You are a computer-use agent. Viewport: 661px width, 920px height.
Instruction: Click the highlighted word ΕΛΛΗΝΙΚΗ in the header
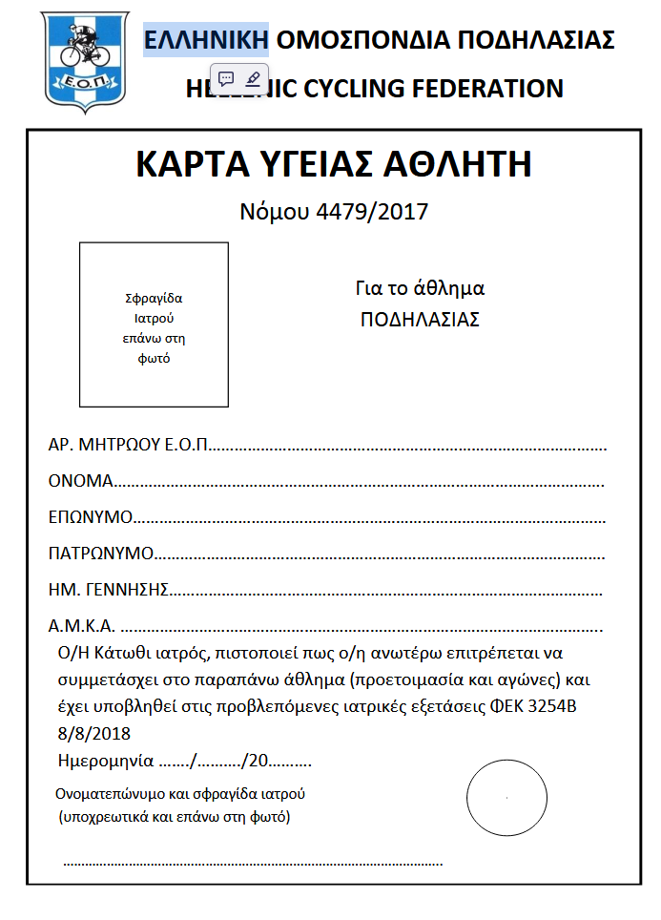(206, 40)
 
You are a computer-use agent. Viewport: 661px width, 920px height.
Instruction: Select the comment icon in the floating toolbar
(226, 78)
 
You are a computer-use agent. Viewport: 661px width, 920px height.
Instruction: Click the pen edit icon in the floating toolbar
(253, 78)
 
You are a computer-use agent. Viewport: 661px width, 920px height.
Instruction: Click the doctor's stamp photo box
(154, 324)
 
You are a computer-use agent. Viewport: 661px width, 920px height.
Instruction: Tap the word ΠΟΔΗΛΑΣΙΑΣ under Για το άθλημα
(420, 320)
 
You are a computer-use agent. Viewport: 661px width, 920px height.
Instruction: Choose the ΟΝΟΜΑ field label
(81, 481)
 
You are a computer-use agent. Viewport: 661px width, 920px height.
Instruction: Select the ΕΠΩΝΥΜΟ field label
(90, 517)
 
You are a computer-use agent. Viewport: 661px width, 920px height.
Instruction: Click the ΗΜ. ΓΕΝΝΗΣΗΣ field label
(109, 589)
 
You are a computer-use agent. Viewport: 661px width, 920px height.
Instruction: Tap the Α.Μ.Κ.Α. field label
(82, 626)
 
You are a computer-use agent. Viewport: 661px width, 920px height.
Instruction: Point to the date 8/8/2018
(93, 733)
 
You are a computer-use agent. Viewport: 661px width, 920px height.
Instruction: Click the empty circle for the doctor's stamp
(506, 797)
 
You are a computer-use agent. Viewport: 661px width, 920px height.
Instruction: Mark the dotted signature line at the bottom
(253, 863)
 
